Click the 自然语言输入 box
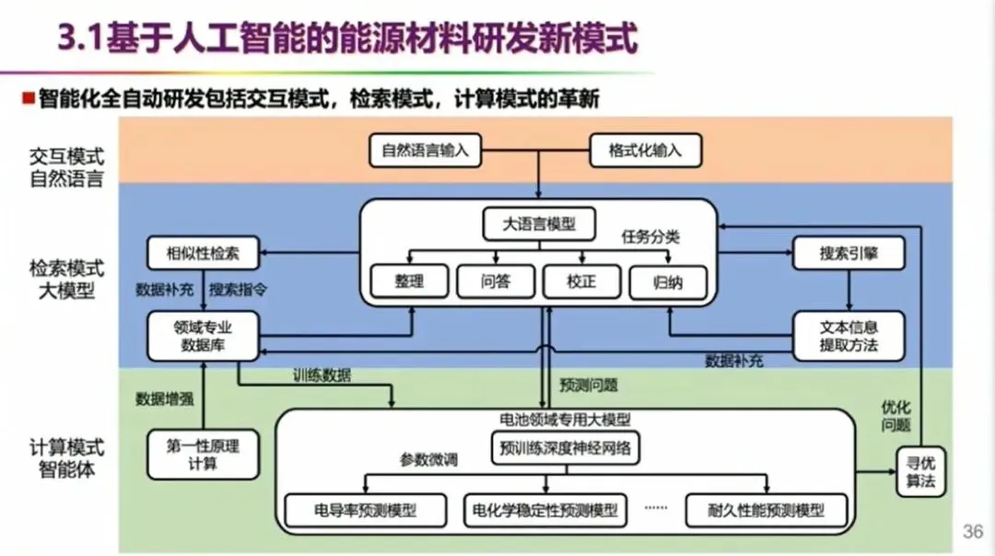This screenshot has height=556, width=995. coord(425,150)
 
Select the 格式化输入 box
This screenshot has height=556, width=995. coord(645,150)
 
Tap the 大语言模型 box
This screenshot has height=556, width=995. coord(539,224)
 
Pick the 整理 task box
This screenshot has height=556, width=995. coord(409,282)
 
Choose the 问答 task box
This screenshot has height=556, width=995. coord(495,282)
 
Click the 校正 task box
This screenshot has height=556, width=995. coord(581,282)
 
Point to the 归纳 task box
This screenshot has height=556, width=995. coord(668,282)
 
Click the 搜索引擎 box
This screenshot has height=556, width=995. coord(849,252)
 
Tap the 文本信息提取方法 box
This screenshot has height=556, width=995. coord(849,336)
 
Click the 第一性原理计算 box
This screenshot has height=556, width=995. coord(203,454)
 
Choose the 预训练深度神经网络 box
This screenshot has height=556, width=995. coord(566,449)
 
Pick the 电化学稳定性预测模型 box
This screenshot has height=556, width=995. coord(545,509)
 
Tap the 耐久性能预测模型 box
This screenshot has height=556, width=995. coord(767,509)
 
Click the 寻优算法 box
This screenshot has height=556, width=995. coord(920,470)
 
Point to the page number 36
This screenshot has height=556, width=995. coord(973,531)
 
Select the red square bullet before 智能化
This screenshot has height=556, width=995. coord(29,98)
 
